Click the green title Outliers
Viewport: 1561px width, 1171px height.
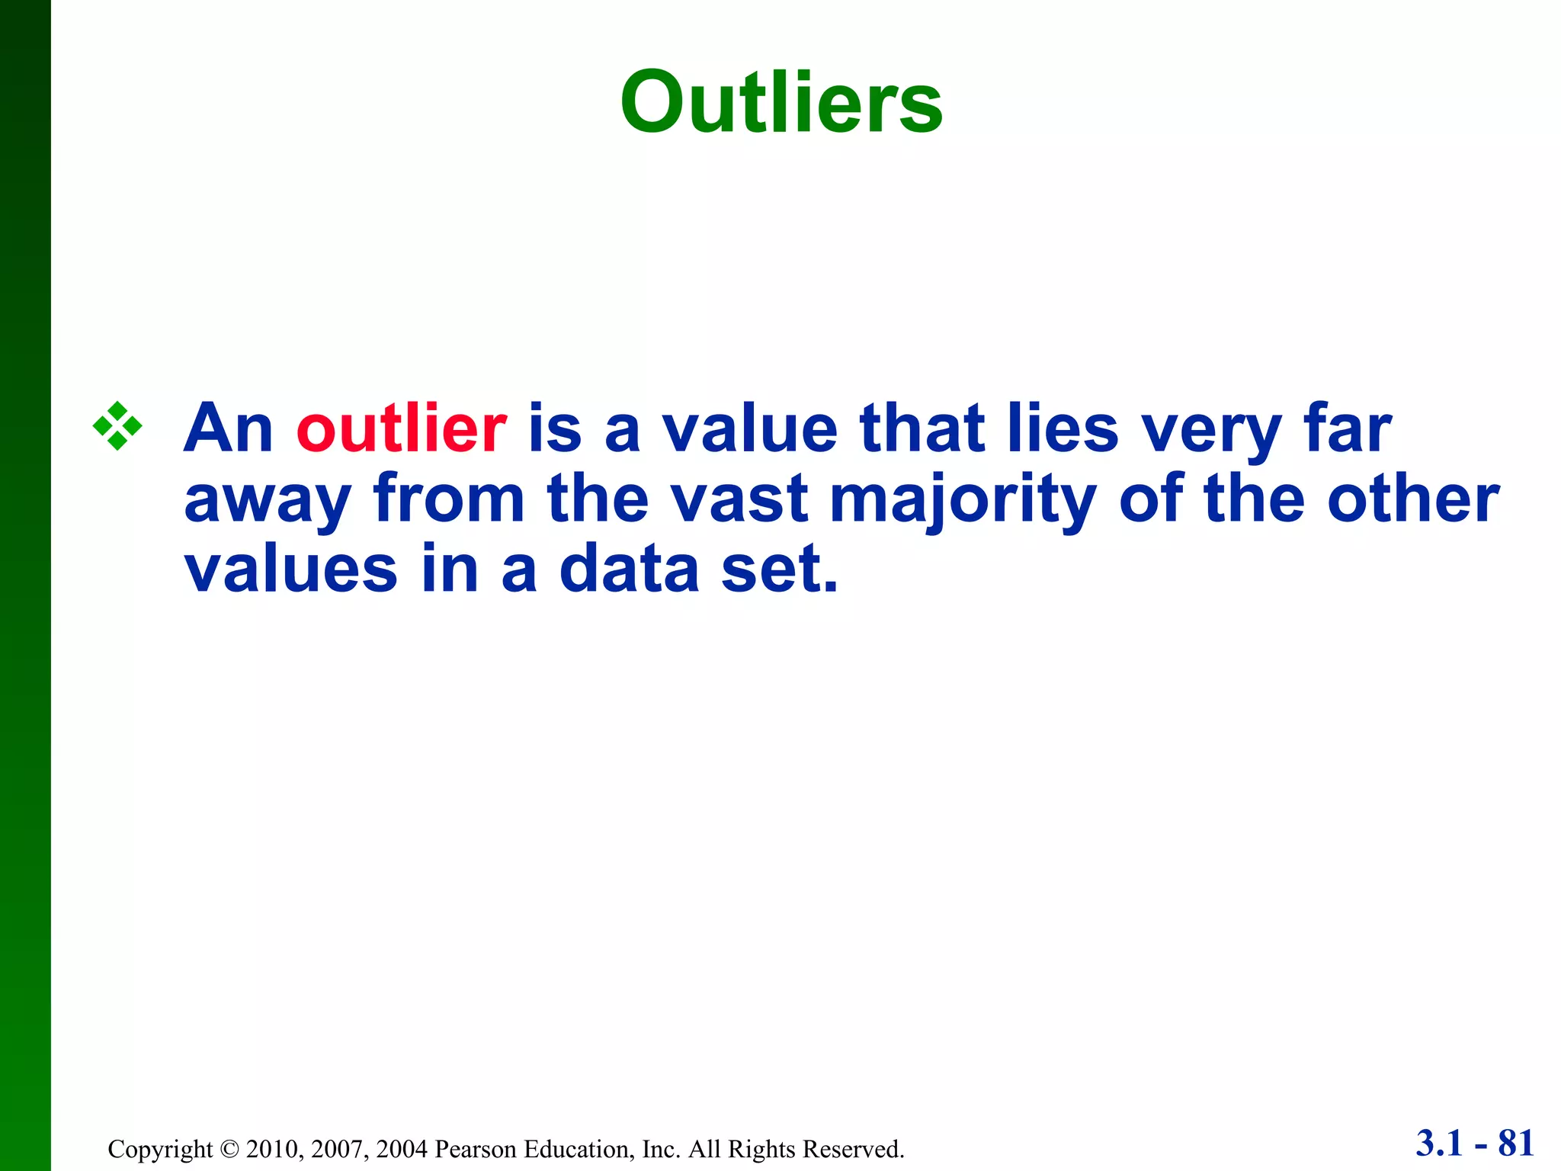781,103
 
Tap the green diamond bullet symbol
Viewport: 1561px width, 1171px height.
117,426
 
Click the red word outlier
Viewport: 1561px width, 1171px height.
402,428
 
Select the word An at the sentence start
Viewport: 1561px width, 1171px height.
229,428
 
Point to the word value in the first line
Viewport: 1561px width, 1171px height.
750,428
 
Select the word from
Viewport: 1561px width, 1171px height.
449,499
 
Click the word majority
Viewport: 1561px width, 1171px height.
963,500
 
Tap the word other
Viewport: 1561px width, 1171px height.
1413,500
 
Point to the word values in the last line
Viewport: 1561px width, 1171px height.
290,569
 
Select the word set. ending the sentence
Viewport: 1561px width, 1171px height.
779,570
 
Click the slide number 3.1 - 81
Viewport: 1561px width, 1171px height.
1474,1143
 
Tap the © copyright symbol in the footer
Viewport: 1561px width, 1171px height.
229,1149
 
